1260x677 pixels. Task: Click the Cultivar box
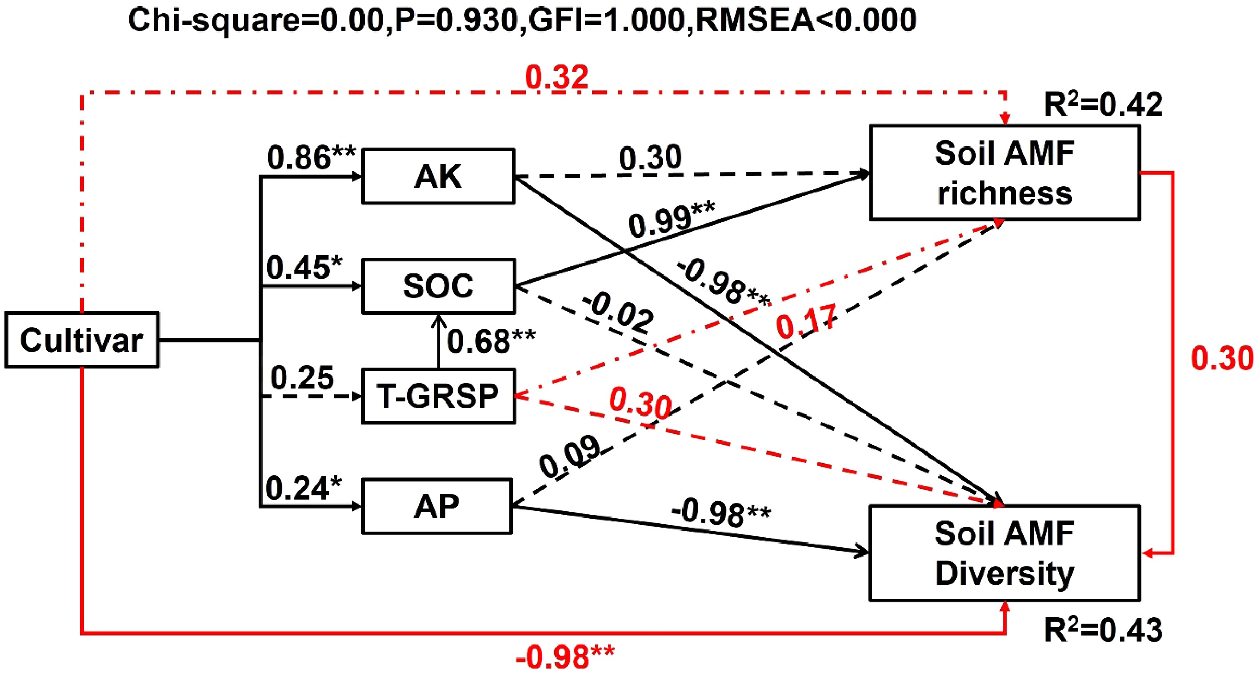(82, 340)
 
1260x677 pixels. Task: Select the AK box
(438, 176)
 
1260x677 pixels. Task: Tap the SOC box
(438, 286)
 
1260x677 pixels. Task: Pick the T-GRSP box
(438, 396)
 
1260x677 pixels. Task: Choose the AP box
(436, 506)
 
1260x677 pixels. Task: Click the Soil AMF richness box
(1005, 172)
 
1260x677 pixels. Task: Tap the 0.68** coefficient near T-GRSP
(491, 341)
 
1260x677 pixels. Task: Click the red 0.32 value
(556, 77)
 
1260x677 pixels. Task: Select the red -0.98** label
(565, 657)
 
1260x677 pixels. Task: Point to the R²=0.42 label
(1103, 104)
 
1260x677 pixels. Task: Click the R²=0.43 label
(1103, 630)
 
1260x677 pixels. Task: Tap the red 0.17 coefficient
(806, 321)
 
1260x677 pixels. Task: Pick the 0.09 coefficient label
(570, 457)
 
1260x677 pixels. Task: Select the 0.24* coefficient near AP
(304, 488)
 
